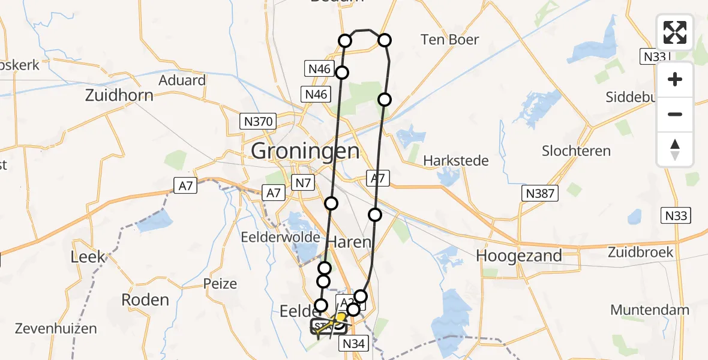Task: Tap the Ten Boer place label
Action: tap(450, 40)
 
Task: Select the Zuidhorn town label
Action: tap(119, 95)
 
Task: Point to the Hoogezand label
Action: tap(519, 256)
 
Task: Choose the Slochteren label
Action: tap(576, 151)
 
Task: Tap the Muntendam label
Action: tap(650, 310)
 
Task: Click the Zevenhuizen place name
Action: tap(48, 328)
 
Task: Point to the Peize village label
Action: tap(220, 283)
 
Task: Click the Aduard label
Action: tap(182, 80)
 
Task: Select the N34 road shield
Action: tap(354, 343)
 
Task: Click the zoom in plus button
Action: tap(675, 79)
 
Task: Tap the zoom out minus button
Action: tap(675, 114)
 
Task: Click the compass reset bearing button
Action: tap(675, 149)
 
